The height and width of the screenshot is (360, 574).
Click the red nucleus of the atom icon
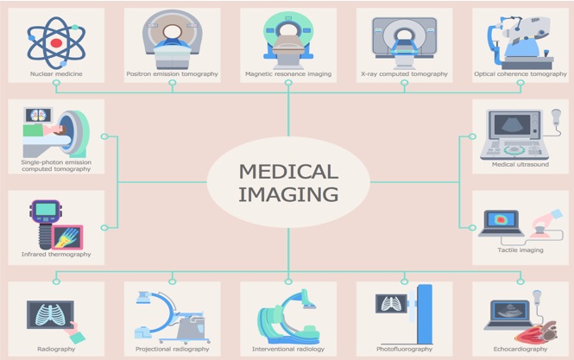click(56, 43)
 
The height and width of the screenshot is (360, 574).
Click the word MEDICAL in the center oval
click(288, 172)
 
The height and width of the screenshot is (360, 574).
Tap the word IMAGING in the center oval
click(288, 194)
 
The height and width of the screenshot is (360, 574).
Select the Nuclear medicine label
click(56, 74)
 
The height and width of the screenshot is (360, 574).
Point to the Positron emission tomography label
click(172, 74)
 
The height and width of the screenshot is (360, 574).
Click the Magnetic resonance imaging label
click(288, 74)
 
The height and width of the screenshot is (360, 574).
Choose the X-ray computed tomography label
click(404, 74)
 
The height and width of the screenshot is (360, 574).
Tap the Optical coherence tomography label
click(520, 74)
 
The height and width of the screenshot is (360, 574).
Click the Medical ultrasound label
click(520, 164)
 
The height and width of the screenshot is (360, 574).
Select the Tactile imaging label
click(520, 250)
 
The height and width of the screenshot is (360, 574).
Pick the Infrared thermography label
click(56, 254)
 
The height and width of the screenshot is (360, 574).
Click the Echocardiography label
click(520, 349)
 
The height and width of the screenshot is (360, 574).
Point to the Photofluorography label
click(404, 349)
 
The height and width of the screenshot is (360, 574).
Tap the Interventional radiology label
click(288, 349)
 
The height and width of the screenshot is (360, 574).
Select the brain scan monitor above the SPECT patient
click(39, 116)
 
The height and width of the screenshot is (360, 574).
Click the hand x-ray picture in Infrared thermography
click(67, 237)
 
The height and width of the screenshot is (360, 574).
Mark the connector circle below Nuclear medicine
click(56, 83)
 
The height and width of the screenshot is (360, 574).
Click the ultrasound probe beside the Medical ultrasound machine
click(556, 117)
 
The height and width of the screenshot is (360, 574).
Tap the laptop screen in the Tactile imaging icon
click(501, 219)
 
